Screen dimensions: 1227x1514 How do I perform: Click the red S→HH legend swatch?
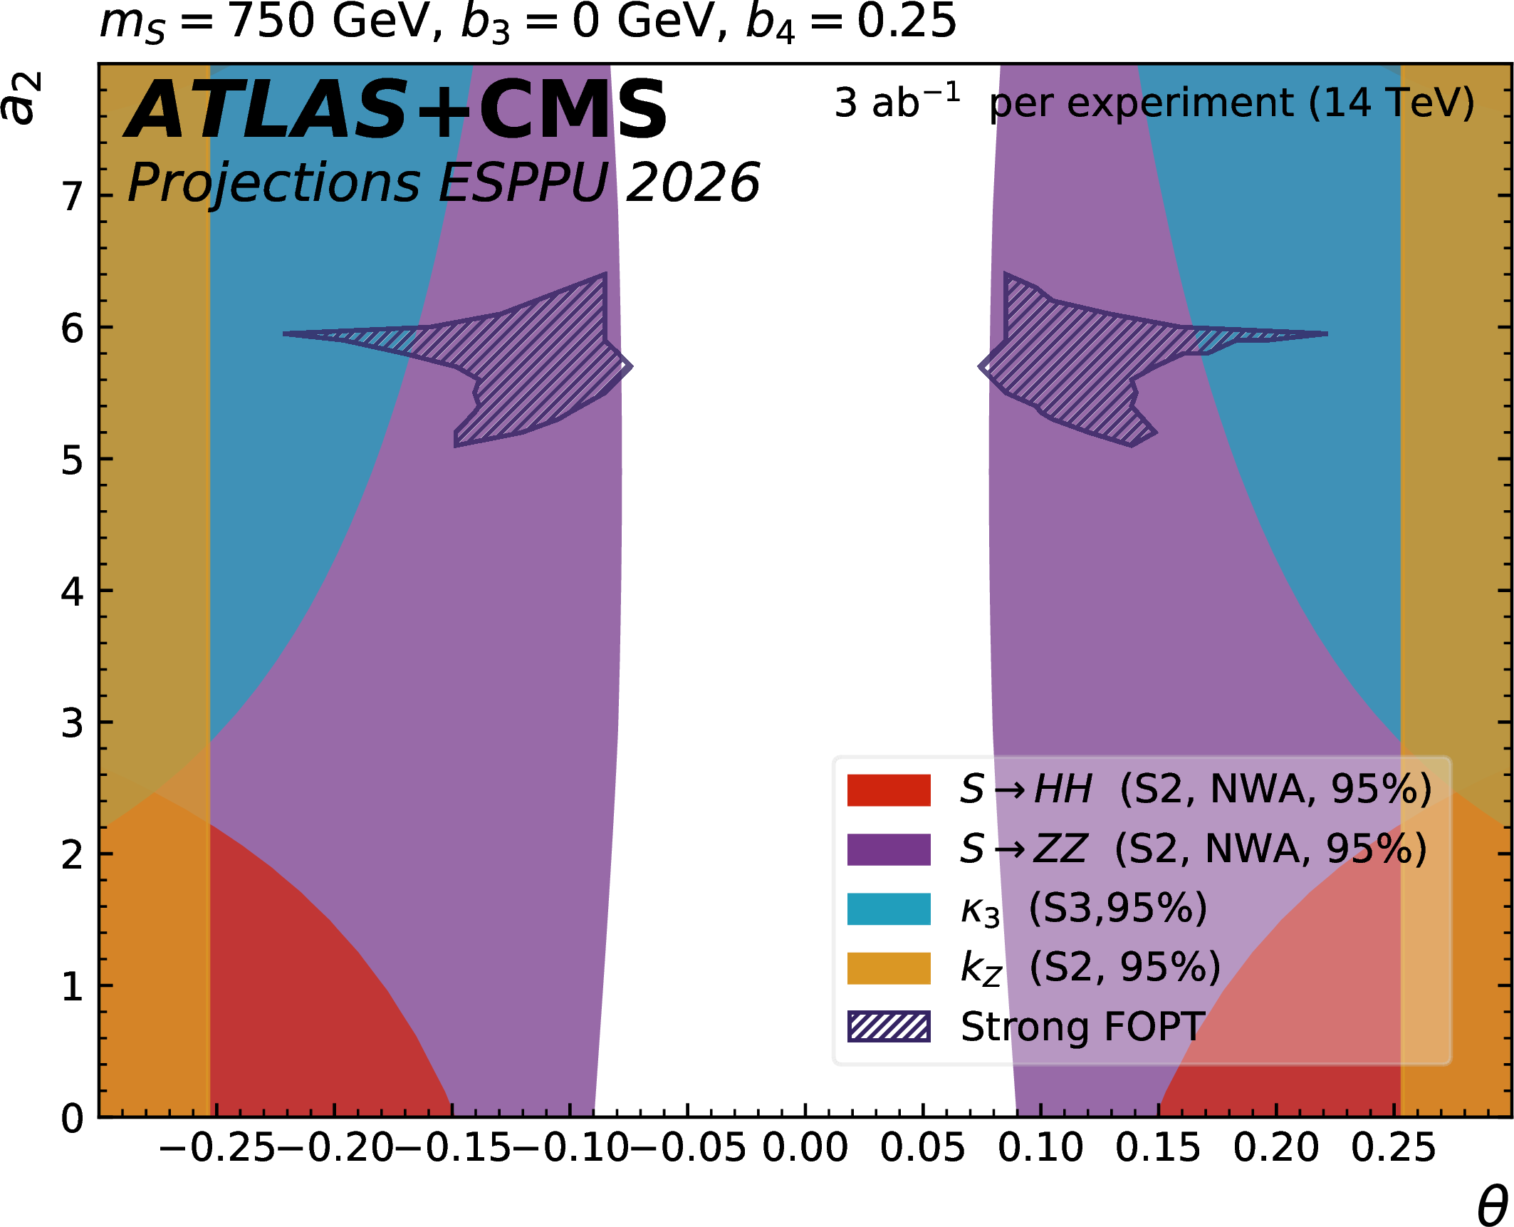pyautogui.click(x=888, y=790)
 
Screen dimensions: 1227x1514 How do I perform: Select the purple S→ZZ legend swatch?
pyautogui.click(x=888, y=849)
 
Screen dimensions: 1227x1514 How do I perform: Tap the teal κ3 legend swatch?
pyautogui.click(x=888, y=908)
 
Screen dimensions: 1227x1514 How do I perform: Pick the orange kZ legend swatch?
pyautogui.click(x=888, y=968)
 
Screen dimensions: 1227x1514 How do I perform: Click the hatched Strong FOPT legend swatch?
pyautogui.click(x=888, y=1027)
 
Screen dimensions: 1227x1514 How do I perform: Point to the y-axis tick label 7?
pyautogui.click(x=72, y=196)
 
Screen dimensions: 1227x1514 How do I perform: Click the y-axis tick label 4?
pyautogui.click(x=72, y=591)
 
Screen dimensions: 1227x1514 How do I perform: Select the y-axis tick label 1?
pyautogui.click(x=72, y=987)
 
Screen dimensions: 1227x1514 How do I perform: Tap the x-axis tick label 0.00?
pyautogui.click(x=805, y=1148)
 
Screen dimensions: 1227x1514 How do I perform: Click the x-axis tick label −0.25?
pyautogui.click(x=216, y=1148)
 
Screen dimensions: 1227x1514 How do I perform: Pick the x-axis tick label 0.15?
pyautogui.click(x=1158, y=1148)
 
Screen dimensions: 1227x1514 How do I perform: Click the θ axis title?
pyautogui.click(x=1492, y=1206)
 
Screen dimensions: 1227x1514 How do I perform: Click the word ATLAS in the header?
pyautogui.click(x=267, y=110)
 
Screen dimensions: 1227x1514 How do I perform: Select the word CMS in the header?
pyautogui.click(x=573, y=110)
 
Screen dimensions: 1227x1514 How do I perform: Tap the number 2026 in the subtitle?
pyautogui.click(x=692, y=183)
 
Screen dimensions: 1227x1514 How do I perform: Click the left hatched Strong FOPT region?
pyautogui.click(x=541, y=363)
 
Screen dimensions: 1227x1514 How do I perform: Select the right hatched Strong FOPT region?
pyautogui.click(x=1068, y=363)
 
